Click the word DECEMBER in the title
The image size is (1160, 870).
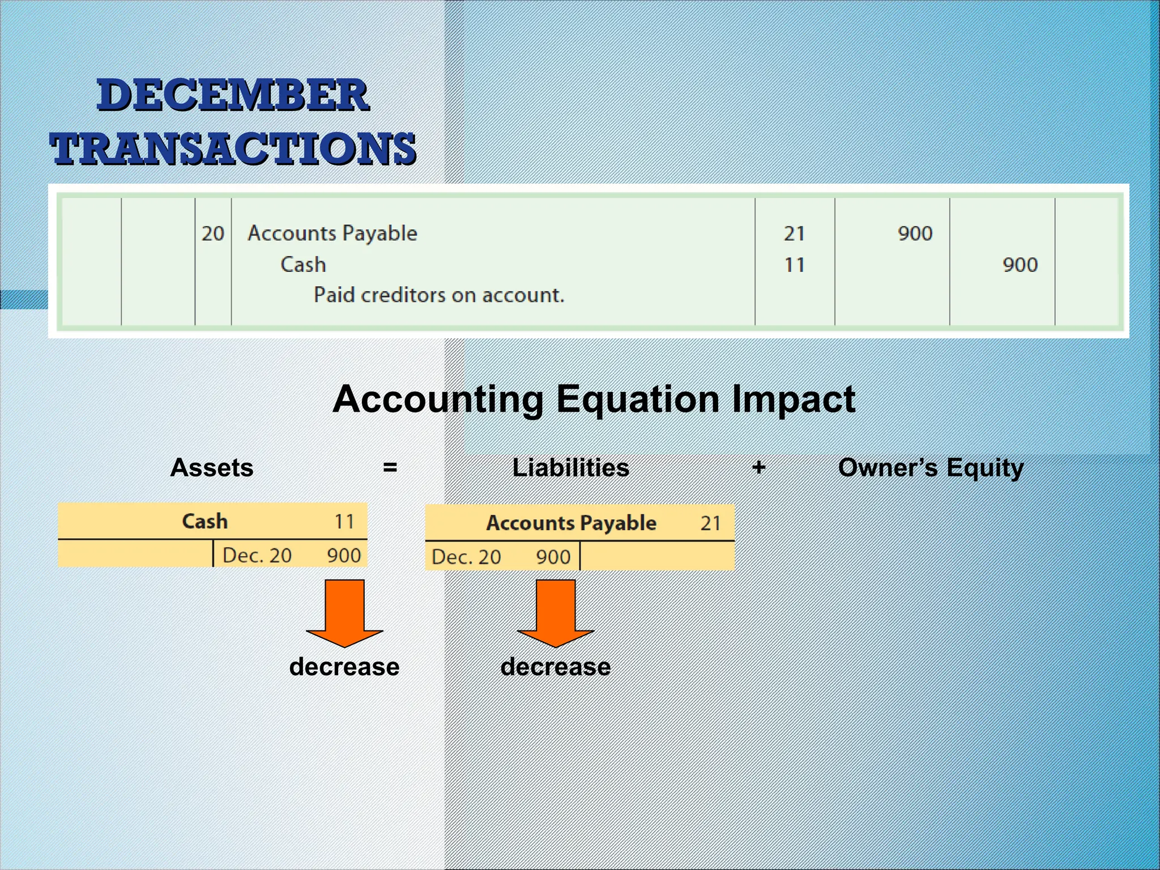(233, 95)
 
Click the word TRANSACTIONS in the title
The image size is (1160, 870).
(233, 148)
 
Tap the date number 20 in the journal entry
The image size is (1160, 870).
(213, 233)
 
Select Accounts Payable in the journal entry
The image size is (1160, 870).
(332, 233)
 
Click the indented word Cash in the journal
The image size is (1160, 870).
(303, 265)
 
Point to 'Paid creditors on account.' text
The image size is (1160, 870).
(439, 295)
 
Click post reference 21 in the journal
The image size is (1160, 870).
(794, 233)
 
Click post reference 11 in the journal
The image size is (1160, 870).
(794, 265)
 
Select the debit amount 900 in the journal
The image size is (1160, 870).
(915, 233)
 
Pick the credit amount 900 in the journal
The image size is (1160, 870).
(1020, 265)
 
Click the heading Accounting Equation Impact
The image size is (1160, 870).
(594, 399)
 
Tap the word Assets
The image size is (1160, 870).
(212, 468)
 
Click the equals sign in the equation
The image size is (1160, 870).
(390, 468)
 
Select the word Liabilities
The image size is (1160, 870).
(570, 468)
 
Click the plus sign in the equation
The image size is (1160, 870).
(759, 468)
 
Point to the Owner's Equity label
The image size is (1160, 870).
(931, 468)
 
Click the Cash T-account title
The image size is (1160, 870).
(205, 521)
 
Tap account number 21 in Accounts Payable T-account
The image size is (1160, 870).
(710, 523)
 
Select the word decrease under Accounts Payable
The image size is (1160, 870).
(556, 667)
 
